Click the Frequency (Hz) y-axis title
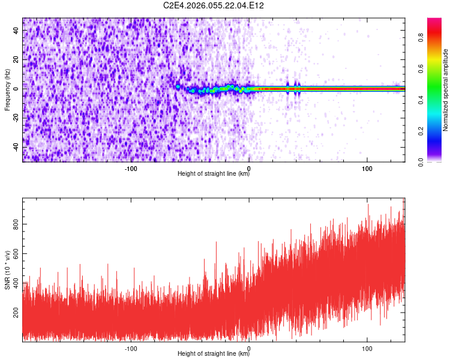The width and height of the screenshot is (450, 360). tap(7, 89)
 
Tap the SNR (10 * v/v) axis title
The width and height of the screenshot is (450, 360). tap(7, 270)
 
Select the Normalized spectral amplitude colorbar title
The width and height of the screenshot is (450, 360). tap(446, 90)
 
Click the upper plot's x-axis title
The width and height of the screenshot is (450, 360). tap(214, 173)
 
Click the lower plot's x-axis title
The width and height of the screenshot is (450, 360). tap(214, 353)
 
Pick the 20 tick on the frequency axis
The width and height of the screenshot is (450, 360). tap(16, 59)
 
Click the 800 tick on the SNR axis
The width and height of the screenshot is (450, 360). tap(14, 224)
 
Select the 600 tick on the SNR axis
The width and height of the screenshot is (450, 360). tap(14, 254)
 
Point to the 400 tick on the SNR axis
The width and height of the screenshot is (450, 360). tap(14, 283)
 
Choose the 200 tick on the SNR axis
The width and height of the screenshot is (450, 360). tap(14, 313)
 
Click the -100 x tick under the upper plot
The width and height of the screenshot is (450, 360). tap(131, 167)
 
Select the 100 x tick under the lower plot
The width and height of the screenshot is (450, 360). tap(367, 347)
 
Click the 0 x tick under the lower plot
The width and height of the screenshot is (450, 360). tap(249, 347)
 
